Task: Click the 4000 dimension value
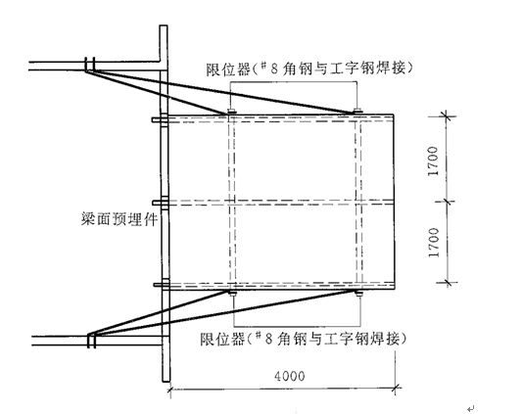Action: click(x=289, y=376)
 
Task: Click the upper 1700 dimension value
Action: click(x=433, y=161)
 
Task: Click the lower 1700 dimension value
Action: click(x=434, y=243)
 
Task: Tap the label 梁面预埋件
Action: click(x=119, y=219)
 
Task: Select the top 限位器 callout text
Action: click(x=309, y=69)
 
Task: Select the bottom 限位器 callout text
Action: click(x=304, y=339)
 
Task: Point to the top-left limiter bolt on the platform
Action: click(x=231, y=112)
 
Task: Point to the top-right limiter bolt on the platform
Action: click(x=357, y=111)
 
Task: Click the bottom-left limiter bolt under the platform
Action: click(x=232, y=293)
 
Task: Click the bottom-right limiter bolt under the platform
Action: click(x=358, y=293)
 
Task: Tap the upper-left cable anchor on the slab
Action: click(x=89, y=65)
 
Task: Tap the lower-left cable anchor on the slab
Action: click(x=91, y=342)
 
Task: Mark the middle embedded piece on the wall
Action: click(x=161, y=203)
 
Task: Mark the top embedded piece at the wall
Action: click(x=160, y=119)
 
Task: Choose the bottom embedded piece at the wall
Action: click(x=162, y=285)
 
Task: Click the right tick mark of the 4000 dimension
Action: click(x=396, y=388)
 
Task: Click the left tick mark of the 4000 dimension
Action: click(x=170, y=389)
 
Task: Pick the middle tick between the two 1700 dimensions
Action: click(x=447, y=201)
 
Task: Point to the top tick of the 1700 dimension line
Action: click(x=446, y=116)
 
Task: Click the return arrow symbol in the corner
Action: click(x=471, y=408)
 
